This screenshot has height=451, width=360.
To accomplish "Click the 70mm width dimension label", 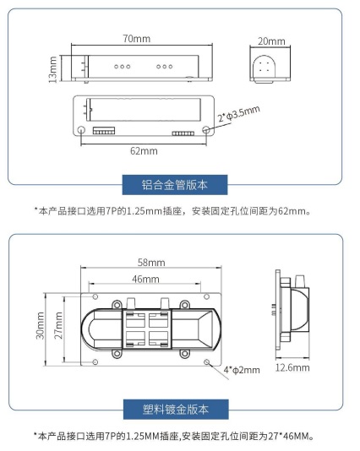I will tap(136, 39).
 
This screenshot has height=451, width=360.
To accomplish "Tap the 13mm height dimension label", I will tap(52, 68).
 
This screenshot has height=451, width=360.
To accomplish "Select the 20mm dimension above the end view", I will tap(270, 41).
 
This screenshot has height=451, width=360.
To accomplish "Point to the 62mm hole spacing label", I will tap(143, 150).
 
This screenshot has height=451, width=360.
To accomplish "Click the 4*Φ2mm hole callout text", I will tap(242, 369).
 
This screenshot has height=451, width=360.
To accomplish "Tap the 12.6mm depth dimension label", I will tap(292, 367).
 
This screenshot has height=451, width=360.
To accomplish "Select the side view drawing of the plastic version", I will tap(292, 313).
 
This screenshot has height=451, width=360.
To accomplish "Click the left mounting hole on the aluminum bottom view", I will tap(81, 131).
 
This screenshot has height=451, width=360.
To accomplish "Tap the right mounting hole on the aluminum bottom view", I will tap(207, 131).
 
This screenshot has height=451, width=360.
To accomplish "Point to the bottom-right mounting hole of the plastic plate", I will tap(209, 361).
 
